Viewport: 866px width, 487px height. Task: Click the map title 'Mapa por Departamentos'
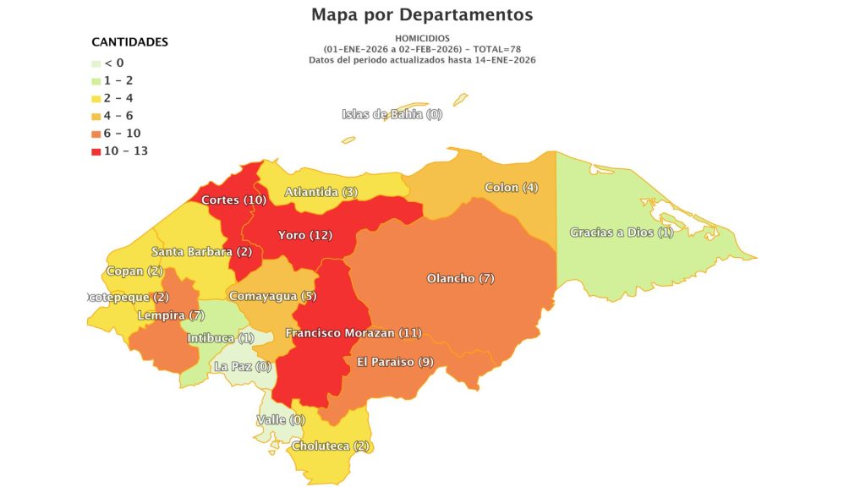[x=422, y=15]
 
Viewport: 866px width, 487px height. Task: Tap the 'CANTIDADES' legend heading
[x=129, y=41]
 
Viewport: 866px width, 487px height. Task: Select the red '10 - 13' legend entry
[x=118, y=151]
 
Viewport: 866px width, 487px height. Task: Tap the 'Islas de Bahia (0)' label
[x=392, y=114]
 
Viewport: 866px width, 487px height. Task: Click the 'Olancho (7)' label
[x=460, y=278]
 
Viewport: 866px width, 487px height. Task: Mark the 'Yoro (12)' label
[x=305, y=234]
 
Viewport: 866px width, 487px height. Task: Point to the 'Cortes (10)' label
[x=234, y=200]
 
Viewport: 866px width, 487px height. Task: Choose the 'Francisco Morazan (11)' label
[x=353, y=333]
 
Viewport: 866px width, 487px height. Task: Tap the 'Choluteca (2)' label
[x=331, y=446]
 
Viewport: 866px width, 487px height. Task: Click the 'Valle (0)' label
[x=280, y=419]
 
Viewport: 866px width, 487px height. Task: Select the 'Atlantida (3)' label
[x=321, y=192]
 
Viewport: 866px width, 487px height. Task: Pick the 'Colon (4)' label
[x=511, y=187]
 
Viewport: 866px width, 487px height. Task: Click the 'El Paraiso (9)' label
[x=395, y=361]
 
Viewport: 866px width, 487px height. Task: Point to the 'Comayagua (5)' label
[x=272, y=296]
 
